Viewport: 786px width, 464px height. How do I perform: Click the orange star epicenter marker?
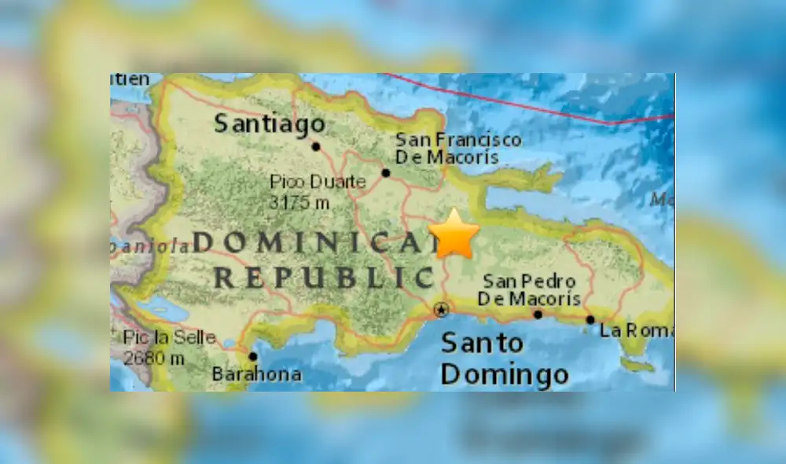point(454,234)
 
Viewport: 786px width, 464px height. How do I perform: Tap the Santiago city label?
point(270,123)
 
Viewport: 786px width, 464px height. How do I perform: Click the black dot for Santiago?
point(315,146)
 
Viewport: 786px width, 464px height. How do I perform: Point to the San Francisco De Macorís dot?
point(386,173)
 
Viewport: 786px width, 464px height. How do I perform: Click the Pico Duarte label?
point(318,182)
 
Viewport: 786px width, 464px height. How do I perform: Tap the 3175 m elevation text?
point(299,202)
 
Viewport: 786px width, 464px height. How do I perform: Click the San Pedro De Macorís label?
point(529,289)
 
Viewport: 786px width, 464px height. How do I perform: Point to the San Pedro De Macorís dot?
point(538,315)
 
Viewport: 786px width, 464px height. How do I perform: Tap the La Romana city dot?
point(590,319)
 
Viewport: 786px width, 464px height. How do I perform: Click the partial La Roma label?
point(637,330)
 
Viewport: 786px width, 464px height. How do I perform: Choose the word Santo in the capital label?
point(482,343)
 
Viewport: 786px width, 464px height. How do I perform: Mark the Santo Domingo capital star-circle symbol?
point(442,310)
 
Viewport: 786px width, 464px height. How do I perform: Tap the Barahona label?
point(256,374)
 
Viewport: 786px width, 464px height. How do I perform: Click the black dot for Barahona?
point(253,355)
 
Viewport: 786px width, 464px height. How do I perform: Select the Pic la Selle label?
point(169,338)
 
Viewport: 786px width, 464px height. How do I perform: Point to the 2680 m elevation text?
point(154,359)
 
